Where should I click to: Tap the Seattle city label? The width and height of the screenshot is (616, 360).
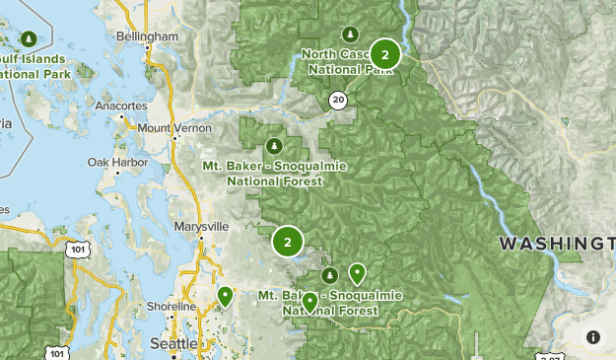tap(173, 342)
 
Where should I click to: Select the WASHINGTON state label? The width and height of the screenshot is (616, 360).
tap(556, 243)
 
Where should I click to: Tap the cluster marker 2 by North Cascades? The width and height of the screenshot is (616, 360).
tap(384, 55)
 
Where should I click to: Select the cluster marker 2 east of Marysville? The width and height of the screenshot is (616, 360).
tap(287, 241)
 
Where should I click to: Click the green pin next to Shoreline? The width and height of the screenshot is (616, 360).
tap(225, 296)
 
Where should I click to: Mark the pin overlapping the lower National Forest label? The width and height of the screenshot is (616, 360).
tap(309, 302)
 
